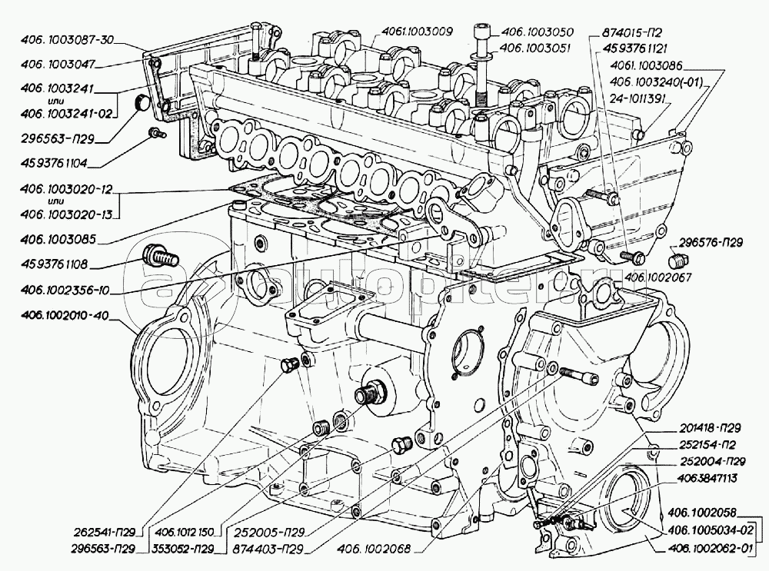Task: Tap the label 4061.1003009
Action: (x=417, y=32)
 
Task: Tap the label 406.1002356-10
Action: (x=59, y=290)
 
